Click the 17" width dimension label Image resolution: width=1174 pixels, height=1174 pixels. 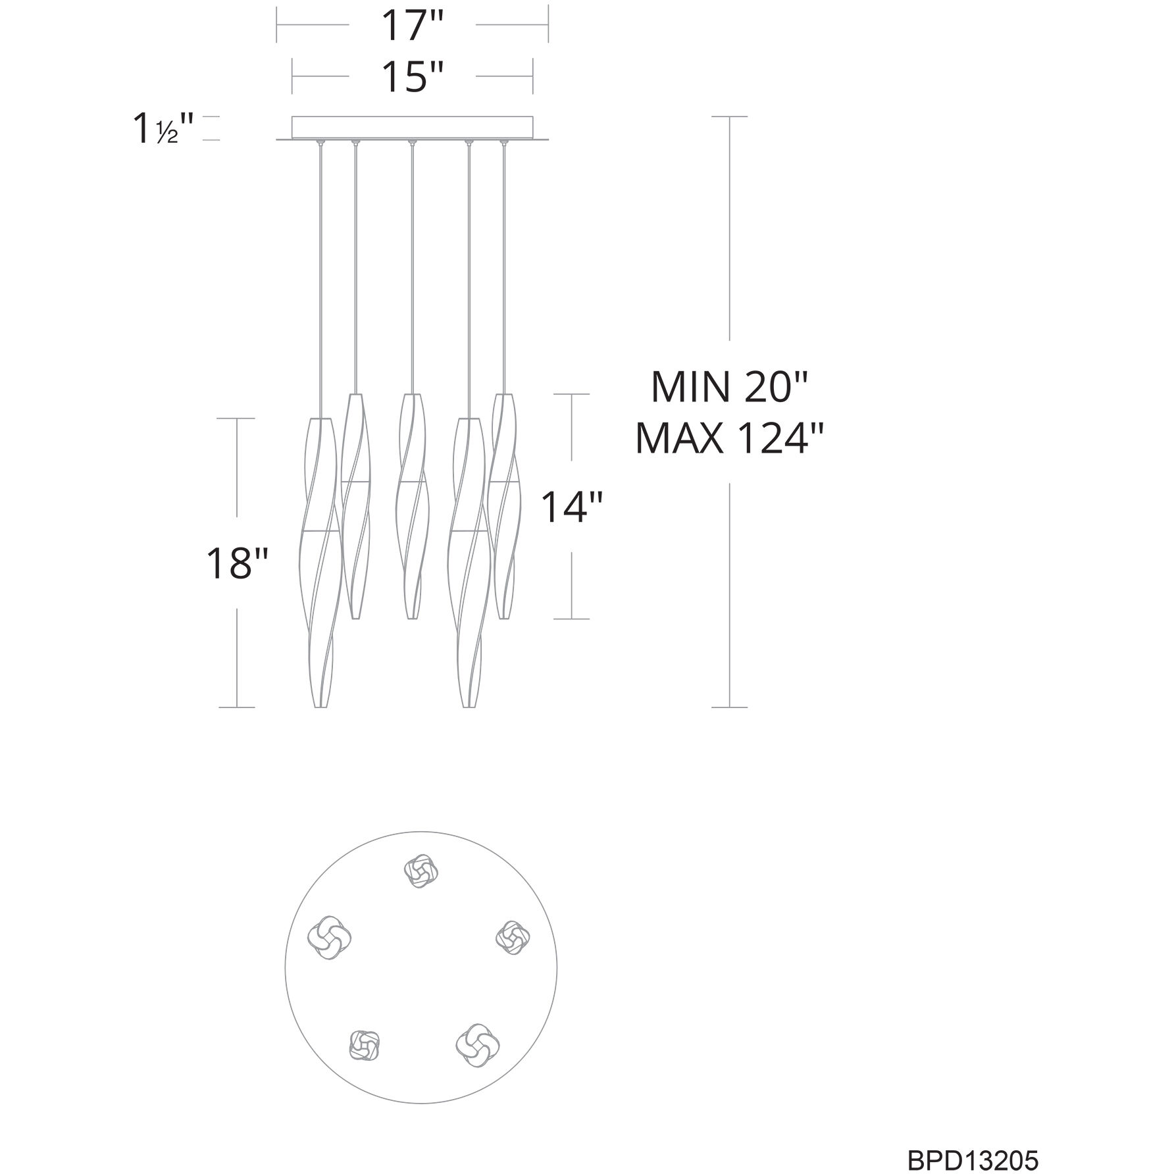pos(413,26)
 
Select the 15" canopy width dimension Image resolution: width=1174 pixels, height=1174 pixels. pos(413,77)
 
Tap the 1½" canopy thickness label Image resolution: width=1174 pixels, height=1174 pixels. pos(164,129)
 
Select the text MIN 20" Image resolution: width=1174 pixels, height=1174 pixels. pos(728,386)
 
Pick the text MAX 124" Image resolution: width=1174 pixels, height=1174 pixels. pos(730,438)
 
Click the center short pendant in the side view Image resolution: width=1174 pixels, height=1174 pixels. pos(412,506)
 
